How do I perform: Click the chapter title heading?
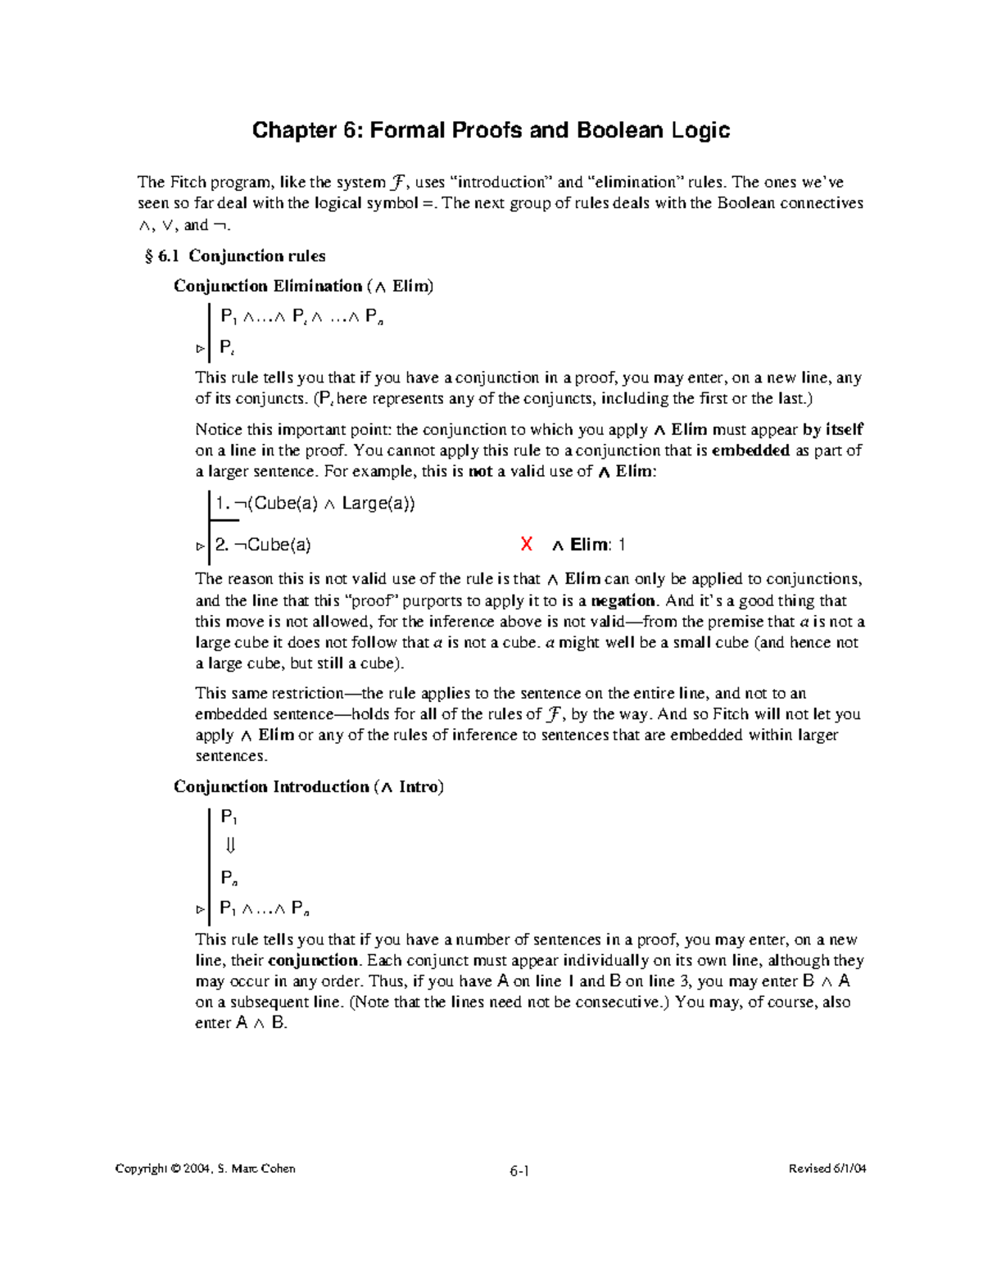coord(491,130)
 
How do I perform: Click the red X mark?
coord(527,544)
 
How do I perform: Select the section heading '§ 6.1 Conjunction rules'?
coord(235,256)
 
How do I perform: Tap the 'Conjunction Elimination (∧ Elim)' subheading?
coord(303,286)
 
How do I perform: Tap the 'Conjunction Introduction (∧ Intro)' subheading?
coord(308,786)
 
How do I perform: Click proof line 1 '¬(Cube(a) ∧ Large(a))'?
coord(315,504)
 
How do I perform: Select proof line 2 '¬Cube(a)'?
coord(263,545)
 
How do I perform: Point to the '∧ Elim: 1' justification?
coord(589,545)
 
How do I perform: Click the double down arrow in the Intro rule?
coord(230,846)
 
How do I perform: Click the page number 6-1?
coord(519,1170)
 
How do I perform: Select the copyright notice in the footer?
coord(206,1169)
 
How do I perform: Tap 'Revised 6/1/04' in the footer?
coord(827,1169)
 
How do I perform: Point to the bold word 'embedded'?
coord(750,450)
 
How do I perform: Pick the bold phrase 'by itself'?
coord(832,429)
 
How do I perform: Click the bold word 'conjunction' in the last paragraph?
coord(313,960)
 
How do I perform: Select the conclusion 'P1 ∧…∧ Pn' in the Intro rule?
coord(264,908)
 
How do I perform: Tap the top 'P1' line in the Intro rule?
coord(229,817)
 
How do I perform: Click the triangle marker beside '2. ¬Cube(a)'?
coord(200,545)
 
